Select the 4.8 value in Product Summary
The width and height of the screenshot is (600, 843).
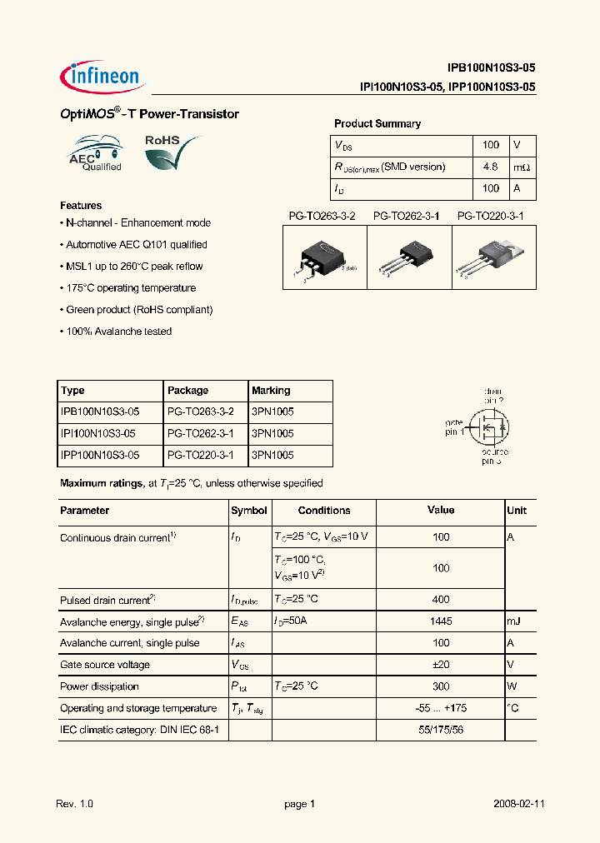click(491, 167)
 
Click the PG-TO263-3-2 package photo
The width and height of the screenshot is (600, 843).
click(324, 258)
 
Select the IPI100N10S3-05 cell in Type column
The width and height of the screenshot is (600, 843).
click(99, 434)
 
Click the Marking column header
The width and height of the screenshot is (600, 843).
click(271, 391)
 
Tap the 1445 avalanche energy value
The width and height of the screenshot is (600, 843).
click(441, 621)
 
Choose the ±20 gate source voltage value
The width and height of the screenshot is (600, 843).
click(441, 665)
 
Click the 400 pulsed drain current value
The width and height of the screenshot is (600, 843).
click(441, 600)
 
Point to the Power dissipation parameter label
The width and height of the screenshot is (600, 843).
click(99, 686)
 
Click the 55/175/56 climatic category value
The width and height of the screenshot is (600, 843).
click(441, 730)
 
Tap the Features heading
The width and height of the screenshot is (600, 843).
click(81, 206)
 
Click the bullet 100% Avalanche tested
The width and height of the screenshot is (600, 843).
click(117, 332)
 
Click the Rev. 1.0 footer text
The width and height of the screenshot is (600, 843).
click(75, 805)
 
